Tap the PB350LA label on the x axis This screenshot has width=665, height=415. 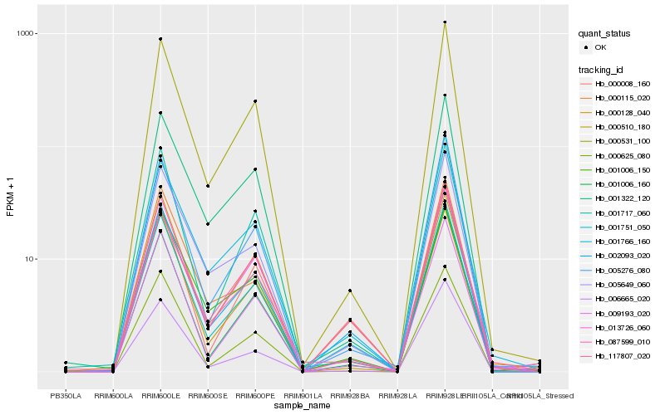click(x=66, y=395)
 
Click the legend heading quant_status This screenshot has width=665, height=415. click(x=604, y=34)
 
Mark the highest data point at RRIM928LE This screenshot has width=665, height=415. click(x=446, y=22)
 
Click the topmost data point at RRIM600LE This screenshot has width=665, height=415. click(x=160, y=39)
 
